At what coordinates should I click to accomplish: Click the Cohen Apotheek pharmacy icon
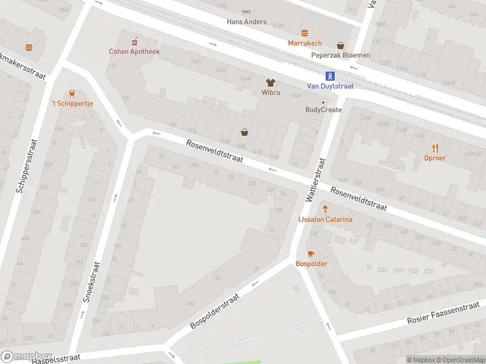point(134,41)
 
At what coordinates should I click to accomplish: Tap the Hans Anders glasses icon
point(246,12)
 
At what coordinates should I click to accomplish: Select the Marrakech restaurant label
point(305,44)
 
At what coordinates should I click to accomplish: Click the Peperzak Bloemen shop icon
point(340,45)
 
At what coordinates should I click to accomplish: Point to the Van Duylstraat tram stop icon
point(330,76)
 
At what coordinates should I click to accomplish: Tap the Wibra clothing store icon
point(270,83)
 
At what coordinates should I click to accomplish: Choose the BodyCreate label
point(323,110)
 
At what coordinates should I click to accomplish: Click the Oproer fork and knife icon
point(435,148)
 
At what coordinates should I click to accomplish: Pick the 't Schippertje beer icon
point(72,93)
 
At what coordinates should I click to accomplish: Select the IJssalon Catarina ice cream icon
point(324,209)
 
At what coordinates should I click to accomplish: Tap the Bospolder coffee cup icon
point(311,254)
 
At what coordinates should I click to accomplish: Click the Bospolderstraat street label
point(215,311)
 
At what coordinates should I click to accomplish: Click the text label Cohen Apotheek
point(134,52)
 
